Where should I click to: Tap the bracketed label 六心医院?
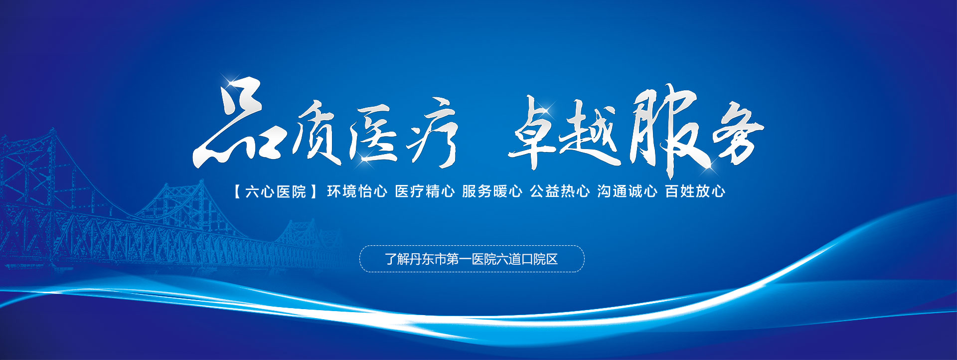pos(276,191)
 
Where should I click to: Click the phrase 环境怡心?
pos(357,191)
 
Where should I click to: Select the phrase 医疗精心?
pos(425,191)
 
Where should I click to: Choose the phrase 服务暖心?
pos(492,191)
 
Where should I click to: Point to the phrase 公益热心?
pos(560,191)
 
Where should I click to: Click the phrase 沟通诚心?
pos(627,191)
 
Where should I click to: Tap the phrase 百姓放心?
pos(695,191)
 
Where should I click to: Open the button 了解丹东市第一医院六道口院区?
pos(472,259)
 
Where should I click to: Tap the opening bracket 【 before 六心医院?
pos(237,191)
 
